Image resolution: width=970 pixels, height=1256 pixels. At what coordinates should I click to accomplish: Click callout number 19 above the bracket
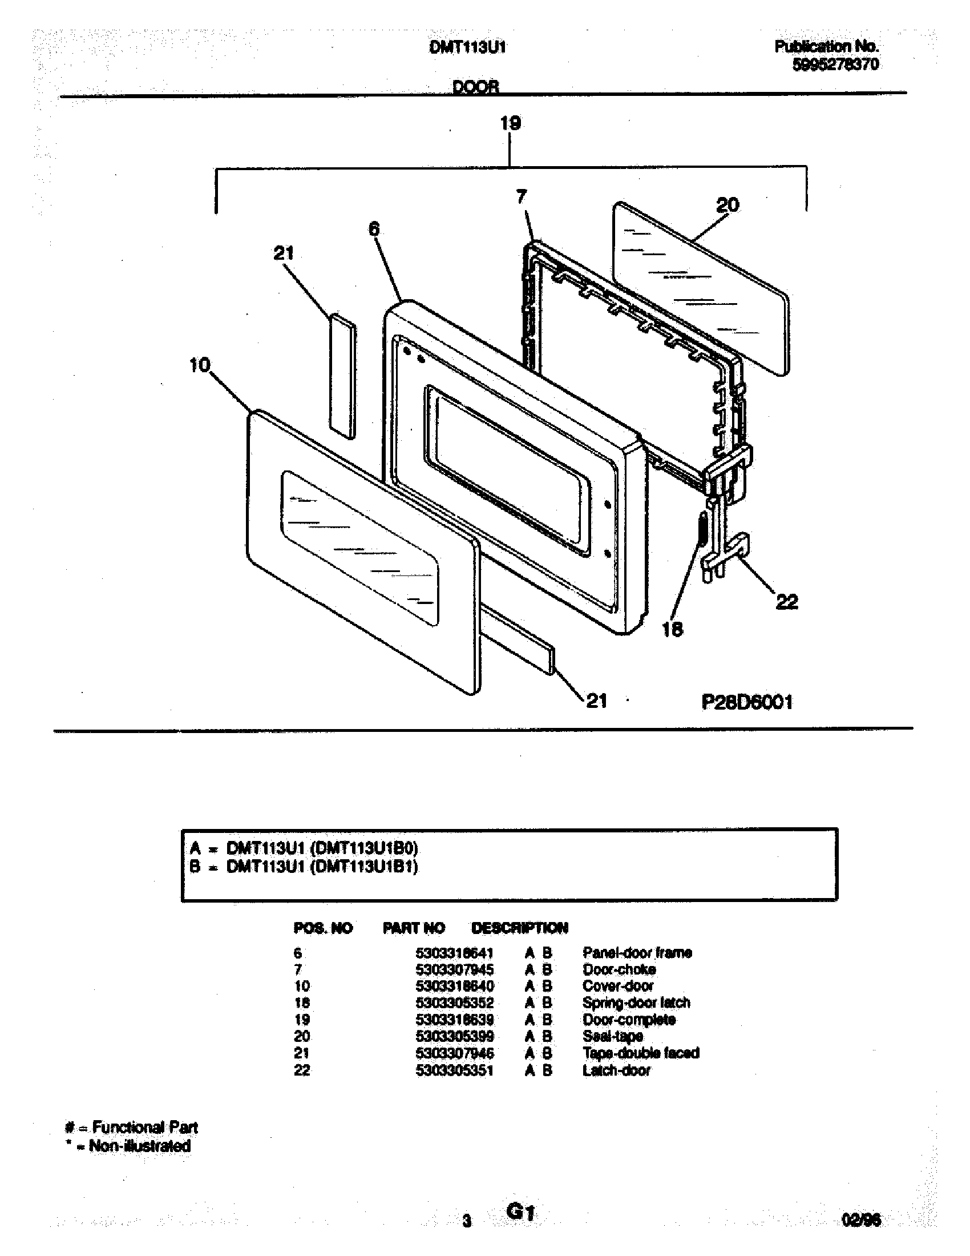(x=510, y=123)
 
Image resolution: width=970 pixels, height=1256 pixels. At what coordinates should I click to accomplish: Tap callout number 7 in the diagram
(x=521, y=197)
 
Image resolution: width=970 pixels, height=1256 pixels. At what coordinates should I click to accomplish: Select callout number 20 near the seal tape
(x=727, y=205)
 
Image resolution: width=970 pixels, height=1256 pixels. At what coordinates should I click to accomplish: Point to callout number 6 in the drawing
(x=374, y=229)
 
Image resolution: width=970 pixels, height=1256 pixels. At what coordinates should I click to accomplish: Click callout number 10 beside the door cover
(x=200, y=365)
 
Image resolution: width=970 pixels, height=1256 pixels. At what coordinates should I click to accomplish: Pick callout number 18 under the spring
(x=672, y=629)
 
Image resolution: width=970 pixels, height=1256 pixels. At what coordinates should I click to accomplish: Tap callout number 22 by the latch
(x=787, y=602)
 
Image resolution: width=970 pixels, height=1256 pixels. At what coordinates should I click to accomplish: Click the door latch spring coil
(x=702, y=531)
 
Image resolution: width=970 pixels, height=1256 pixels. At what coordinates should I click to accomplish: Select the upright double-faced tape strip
(x=342, y=377)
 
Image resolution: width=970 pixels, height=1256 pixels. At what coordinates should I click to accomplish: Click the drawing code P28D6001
(x=747, y=702)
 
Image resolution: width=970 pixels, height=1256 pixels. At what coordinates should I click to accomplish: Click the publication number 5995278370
(x=835, y=65)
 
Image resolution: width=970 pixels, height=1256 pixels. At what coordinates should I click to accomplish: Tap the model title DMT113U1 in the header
(x=468, y=47)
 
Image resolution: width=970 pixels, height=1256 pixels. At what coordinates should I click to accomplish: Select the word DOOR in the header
(x=476, y=87)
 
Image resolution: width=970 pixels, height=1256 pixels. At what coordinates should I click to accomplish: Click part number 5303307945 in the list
(x=455, y=969)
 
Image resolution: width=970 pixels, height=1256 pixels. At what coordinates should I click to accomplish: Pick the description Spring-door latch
(x=636, y=1003)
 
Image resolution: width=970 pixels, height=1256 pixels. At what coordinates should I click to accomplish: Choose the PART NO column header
(x=414, y=928)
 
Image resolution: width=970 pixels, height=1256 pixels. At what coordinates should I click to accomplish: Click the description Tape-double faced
(x=641, y=1053)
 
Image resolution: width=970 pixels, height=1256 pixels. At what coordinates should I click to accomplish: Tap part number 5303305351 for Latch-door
(x=455, y=1070)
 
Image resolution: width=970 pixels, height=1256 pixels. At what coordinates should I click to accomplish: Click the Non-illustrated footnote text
(x=140, y=1146)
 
